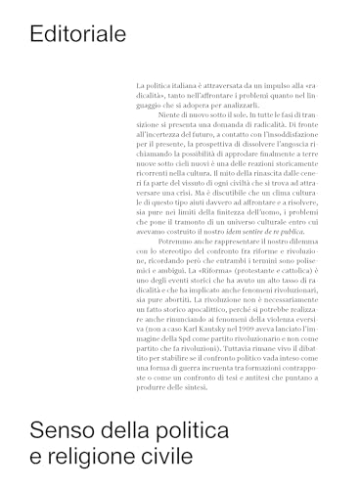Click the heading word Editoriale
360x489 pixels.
[x=78, y=35]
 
